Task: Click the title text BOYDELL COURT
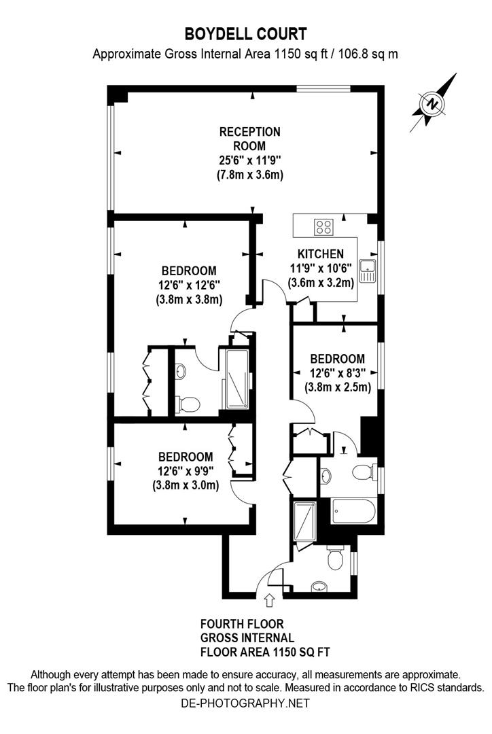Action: point(245,33)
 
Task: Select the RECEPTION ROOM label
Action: point(249,138)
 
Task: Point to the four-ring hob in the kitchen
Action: point(323,226)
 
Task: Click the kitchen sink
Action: point(368,270)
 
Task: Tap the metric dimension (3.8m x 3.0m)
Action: point(186,485)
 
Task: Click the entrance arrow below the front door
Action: point(269,599)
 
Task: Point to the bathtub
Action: point(353,510)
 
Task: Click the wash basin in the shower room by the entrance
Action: point(319,587)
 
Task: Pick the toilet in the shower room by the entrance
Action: point(334,560)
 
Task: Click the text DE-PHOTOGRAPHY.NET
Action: point(245,703)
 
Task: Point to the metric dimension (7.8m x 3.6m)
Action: point(249,175)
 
